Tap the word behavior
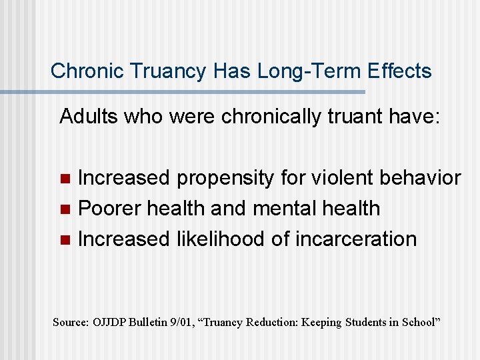(x=419, y=178)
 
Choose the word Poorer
(x=109, y=209)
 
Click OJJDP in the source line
(x=109, y=322)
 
